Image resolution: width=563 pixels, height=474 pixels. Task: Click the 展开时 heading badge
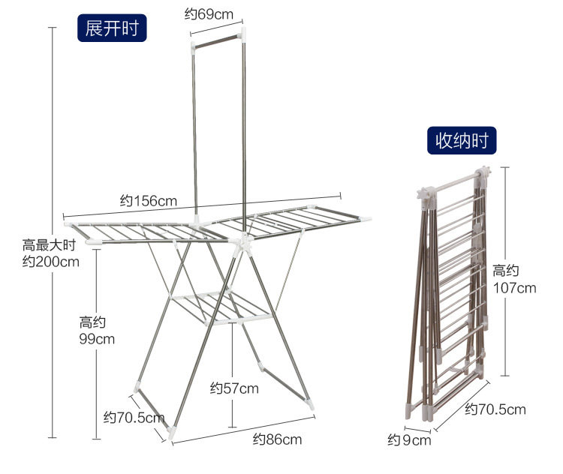pyautogui.click(x=112, y=28)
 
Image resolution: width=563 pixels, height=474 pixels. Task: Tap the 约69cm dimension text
pyautogui.click(x=209, y=14)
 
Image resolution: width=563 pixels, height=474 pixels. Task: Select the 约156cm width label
pyautogui.click(x=149, y=200)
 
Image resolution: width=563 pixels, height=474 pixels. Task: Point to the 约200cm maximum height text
pyautogui.click(x=51, y=262)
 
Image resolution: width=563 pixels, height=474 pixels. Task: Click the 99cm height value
pyautogui.click(x=97, y=338)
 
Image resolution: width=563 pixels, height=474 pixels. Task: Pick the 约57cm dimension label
pyautogui.click(x=234, y=388)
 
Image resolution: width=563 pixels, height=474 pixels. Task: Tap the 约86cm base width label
pyautogui.click(x=277, y=439)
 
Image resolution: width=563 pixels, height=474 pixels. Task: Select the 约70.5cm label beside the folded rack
pyautogui.click(x=495, y=409)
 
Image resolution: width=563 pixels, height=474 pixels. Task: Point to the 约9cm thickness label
pyautogui.click(x=409, y=439)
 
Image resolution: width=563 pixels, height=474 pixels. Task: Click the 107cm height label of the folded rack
pyautogui.click(x=514, y=287)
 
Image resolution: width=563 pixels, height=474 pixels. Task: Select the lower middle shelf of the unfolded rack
pyautogui.click(x=218, y=307)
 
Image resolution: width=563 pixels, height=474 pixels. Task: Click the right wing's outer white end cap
pyautogui.click(x=365, y=220)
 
